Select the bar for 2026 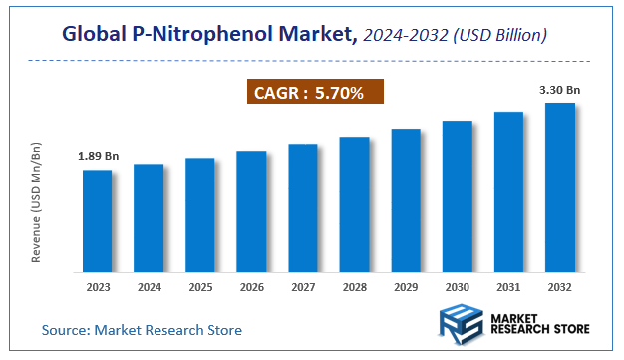pyautogui.click(x=251, y=210)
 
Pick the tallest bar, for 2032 pyautogui.click(x=559, y=186)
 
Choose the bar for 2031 pyautogui.click(x=508, y=190)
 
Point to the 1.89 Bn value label pyautogui.click(x=97, y=157)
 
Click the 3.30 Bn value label pyautogui.click(x=560, y=90)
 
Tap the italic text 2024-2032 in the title pyautogui.click(x=399, y=35)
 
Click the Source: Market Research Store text pyautogui.click(x=142, y=329)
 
